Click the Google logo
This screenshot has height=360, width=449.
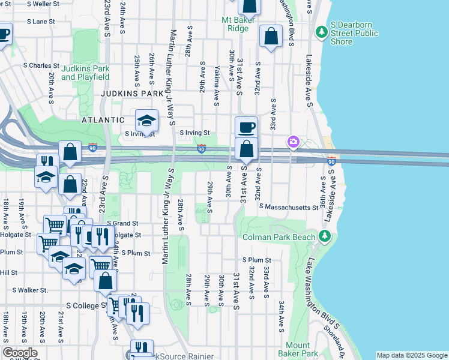[x=20, y=353]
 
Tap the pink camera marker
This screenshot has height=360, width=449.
[x=293, y=142]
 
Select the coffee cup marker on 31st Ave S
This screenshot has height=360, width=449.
[x=246, y=127]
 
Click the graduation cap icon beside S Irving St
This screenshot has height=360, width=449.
[x=146, y=121]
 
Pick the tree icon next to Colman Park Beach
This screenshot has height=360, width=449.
[x=325, y=236]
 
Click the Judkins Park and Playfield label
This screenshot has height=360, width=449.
[x=85, y=73]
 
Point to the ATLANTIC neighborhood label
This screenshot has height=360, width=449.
[x=103, y=120]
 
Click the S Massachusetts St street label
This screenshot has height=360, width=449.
[x=288, y=207]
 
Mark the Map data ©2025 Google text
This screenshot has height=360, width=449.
[x=411, y=355]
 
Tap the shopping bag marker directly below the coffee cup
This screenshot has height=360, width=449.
[x=246, y=149]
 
